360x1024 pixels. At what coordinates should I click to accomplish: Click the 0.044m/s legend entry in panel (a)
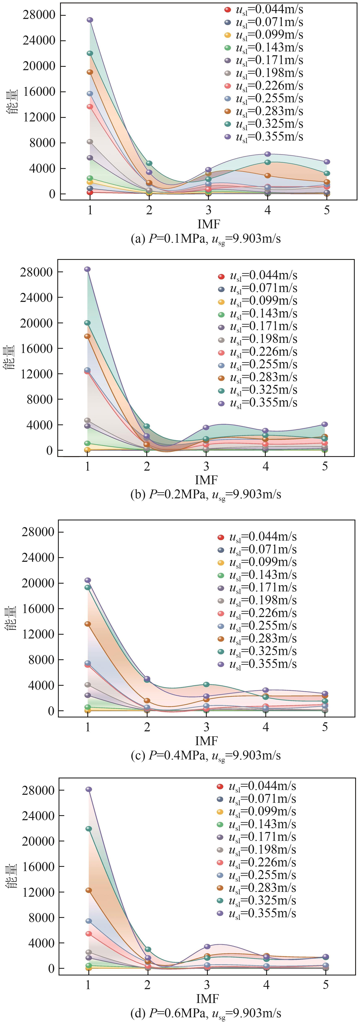(x=264, y=9)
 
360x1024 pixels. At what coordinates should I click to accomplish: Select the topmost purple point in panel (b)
(x=87, y=269)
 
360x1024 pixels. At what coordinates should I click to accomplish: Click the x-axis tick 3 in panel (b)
(x=206, y=466)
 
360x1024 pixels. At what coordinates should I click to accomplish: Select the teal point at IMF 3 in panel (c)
(x=206, y=684)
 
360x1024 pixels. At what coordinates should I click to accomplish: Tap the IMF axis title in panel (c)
(x=207, y=741)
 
